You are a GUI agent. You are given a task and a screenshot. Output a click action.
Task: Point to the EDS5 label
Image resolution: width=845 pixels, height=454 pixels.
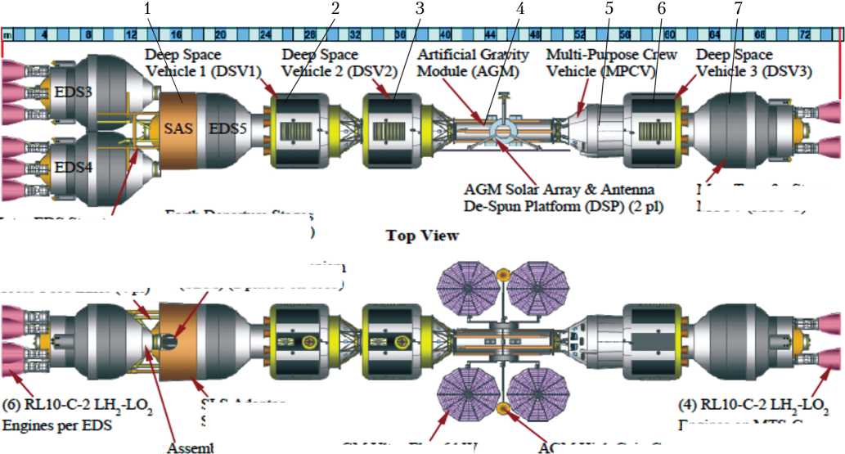point(226,129)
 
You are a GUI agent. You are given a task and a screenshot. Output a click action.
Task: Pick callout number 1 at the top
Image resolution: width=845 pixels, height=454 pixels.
point(147,9)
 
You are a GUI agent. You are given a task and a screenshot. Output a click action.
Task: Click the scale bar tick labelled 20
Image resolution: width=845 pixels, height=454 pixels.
point(220,36)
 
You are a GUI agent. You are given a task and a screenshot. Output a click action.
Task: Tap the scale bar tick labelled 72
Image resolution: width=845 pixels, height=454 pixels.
point(805,36)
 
